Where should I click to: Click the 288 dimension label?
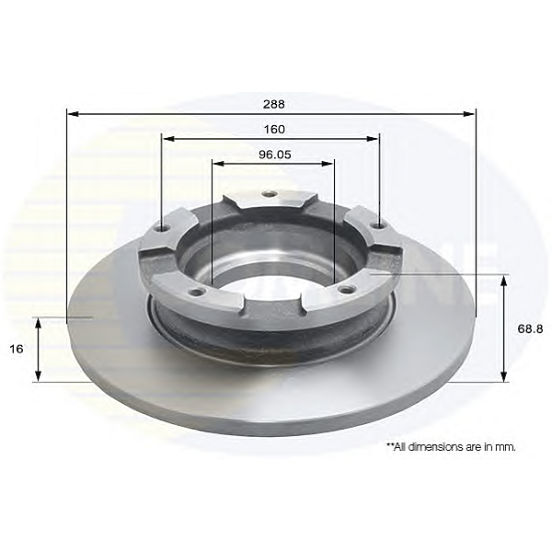coord(274,104)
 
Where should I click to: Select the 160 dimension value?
coord(274,129)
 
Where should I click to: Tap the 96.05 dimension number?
coord(275,155)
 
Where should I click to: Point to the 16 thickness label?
coord(17,349)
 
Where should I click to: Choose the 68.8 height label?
coord(530,328)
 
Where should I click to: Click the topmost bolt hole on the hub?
coord(270,194)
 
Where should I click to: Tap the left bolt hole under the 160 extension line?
coord(163,228)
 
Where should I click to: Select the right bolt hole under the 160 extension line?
coord(379,225)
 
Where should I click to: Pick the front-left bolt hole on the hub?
coord(197,292)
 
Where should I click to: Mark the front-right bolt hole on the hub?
coord(345,289)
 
